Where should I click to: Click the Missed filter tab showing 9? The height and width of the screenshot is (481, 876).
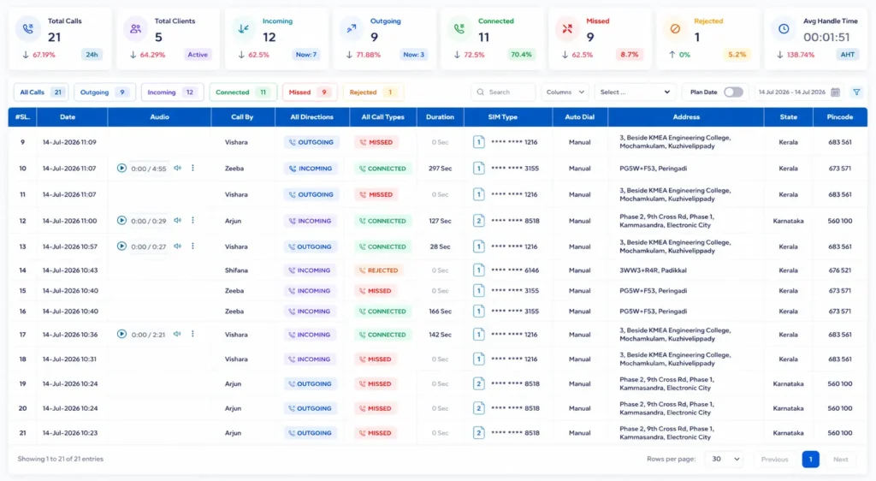(x=310, y=92)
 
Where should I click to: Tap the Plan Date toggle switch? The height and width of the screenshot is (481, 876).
(x=733, y=92)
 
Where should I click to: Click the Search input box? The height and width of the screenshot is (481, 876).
(x=503, y=92)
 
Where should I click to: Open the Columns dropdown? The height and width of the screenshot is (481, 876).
(x=565, y=92)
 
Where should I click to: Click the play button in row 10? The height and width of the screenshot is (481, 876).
(x=121, y=168)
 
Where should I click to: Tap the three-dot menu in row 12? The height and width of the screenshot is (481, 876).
(x=192, y=220)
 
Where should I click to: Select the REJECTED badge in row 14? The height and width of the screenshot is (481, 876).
(x=379, y=270)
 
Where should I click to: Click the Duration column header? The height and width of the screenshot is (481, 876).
(x=440, y=117)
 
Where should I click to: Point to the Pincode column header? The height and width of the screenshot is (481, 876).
(x=840, y=117)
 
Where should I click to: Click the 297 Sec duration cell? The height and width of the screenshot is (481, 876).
(x=441, y=168)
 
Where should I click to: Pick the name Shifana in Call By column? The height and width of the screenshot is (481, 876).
(x=236, y=270)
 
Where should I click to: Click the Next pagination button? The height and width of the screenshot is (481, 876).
(x=840, y=460)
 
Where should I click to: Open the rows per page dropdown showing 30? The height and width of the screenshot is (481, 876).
(x=725, y=460)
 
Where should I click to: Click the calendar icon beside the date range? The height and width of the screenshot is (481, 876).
(x=835, y=92)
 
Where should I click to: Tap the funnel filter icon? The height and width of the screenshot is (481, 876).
(x=856, y=92)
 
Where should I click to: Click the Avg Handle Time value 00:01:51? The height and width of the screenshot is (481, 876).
(x=826, y=38)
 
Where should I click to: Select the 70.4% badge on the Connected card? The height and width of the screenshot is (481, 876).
(x=521, y=55)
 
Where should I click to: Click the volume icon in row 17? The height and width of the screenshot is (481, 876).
(x=177, y=334)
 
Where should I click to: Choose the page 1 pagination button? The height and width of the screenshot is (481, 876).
(x=810, y=460)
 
